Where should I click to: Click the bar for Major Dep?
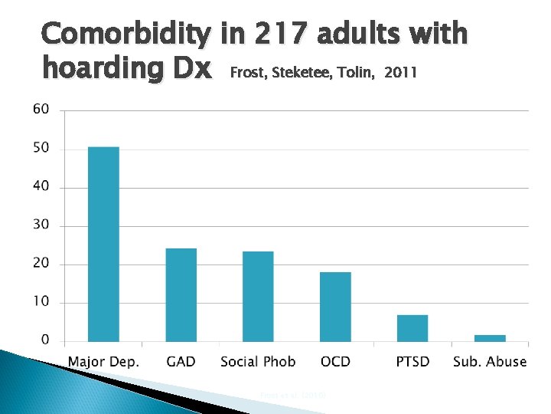coord(103,244)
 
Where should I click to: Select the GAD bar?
coord(181,294)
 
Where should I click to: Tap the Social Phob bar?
coord(258,296)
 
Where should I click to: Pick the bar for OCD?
coord(335,307)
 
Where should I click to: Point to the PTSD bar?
coord(412,328)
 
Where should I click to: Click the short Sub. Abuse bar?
coord(490,337)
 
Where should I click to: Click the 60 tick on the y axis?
coord(40,110)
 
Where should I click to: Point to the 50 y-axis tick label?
coord(40,148)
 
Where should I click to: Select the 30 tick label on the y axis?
coord(40,225)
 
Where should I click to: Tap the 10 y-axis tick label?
coord(40,301)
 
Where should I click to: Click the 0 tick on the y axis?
coord(44,340)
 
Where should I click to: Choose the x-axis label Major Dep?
coord(103,362)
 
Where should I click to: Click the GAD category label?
coord(181,362)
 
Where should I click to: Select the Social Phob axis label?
coord(258,362)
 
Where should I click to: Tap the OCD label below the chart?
coord(335,362)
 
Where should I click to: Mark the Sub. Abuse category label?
coord(490,362)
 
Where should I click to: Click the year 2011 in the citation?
coord(401,73)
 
